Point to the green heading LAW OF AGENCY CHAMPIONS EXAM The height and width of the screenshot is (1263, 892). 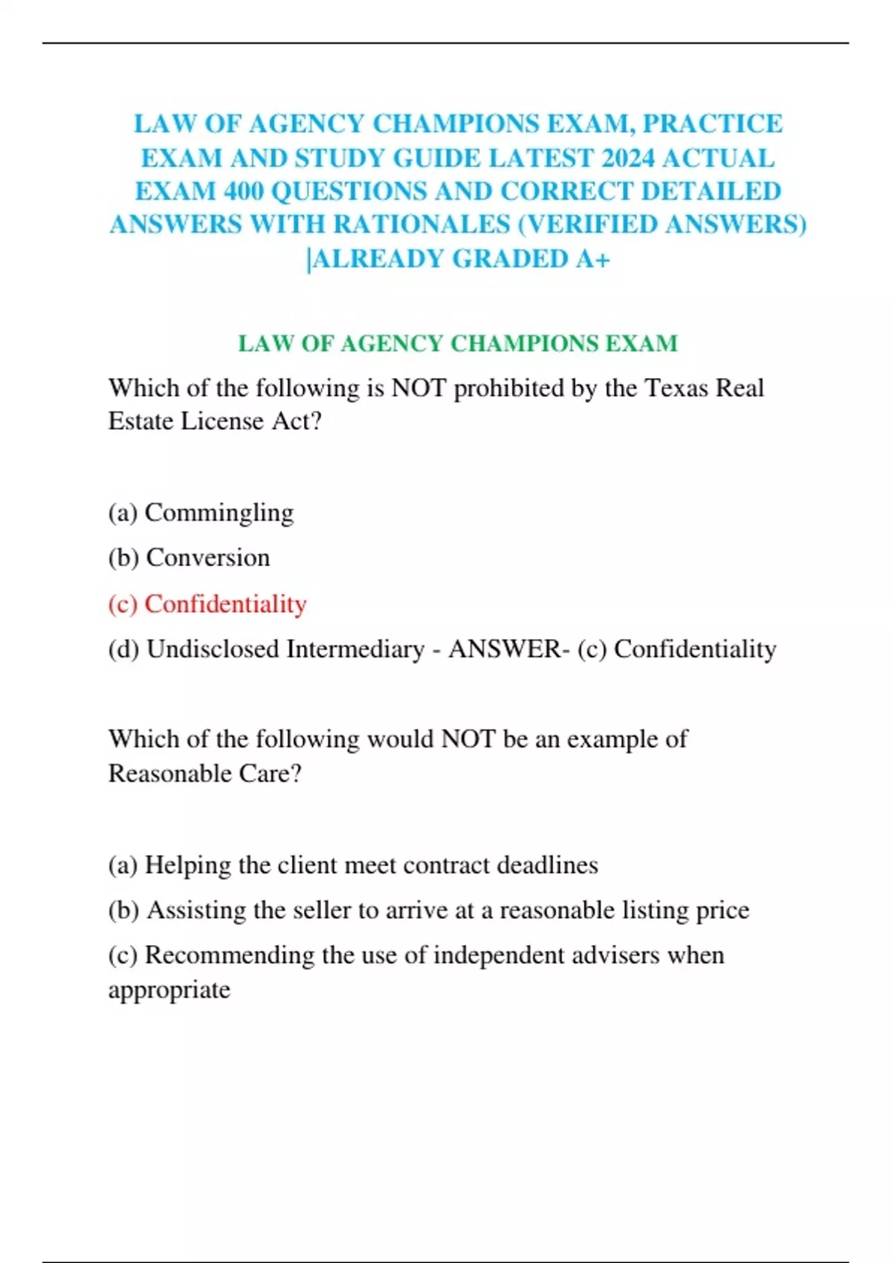(458, 343)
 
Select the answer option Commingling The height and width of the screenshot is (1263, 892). (219, 513)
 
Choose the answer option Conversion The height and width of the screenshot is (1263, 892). (208, 558)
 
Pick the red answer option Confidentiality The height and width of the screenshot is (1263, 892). (225, 604)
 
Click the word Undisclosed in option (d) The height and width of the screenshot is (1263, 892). (213, 649)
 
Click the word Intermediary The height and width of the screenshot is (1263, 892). (355, 649)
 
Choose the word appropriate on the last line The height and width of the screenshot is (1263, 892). (169, 990)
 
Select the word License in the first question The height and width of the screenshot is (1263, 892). (222, 421)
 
